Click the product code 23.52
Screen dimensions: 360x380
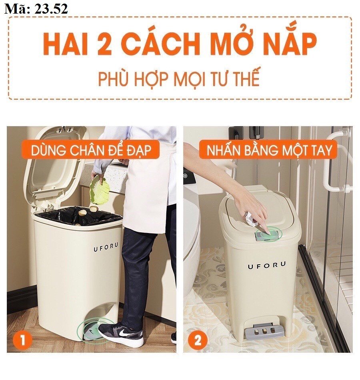tap(51, 9)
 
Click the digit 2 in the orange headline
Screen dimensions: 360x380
tap(104, 45)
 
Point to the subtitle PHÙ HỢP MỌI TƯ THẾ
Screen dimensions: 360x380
tap(179, 78)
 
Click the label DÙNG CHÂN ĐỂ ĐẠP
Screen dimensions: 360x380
tap(91, 150)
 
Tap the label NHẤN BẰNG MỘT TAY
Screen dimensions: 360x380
tap(268, 150)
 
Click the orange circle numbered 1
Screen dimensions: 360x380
tap(22, 340)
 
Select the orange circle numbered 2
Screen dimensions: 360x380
tap(198, 340)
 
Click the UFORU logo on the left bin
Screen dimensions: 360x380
tap(106, 247)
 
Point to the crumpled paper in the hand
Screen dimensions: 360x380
tap(250, 219)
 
